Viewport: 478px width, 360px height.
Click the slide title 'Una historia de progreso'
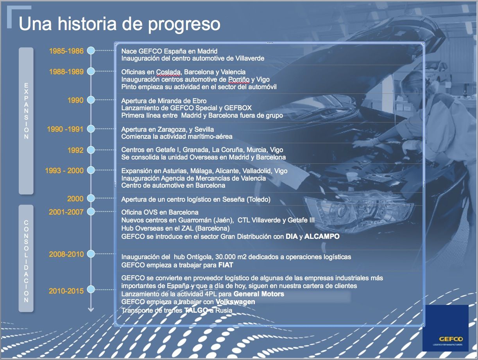pos(119,24)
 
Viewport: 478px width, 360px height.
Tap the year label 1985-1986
pos(66,51)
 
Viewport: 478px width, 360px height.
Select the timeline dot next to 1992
pos(91,150)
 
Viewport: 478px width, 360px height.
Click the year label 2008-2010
pos(66,254)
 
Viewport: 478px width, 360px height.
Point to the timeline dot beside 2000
pos(91,199)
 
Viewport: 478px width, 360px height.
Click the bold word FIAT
pos(226,265)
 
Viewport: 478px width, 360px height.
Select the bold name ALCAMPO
pos(322,236)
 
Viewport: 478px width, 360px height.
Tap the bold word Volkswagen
pos(235,302)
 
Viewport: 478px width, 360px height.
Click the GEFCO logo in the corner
pos(446,328)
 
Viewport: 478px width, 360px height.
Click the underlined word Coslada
pos(168,72)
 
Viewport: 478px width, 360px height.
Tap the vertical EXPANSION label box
pos(26,120)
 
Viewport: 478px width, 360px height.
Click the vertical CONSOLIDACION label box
pos(26,258)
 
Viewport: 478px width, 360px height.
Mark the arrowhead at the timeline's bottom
pos(91,310)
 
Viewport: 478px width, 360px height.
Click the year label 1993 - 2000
pos(64,171)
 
